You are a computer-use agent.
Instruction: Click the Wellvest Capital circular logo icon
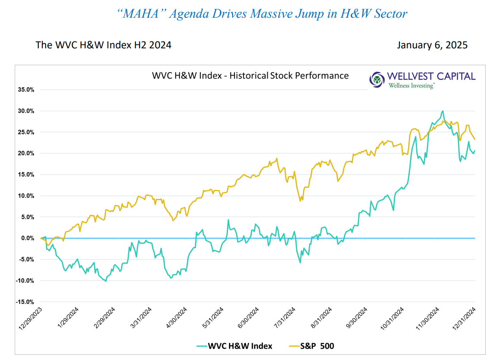click(x=377, y=79)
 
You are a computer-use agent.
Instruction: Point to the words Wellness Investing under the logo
click(x=411, y=85)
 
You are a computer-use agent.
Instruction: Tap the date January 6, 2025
click(x=432, y=45)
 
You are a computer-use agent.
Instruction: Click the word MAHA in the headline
click(x=141, y=14)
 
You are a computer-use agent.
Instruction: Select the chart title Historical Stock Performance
click(x=289, y=76)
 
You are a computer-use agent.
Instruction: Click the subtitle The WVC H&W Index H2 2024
click(x=103, y=45)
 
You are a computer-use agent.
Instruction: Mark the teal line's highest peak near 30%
click(x=443, y=111)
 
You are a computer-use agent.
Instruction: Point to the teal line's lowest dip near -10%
click(x=105, y=281)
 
